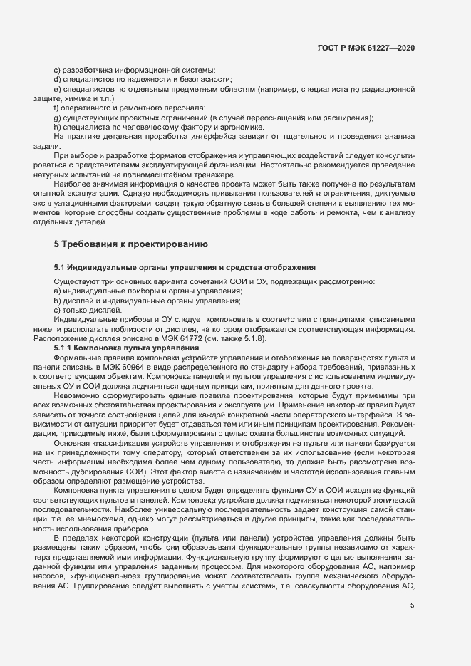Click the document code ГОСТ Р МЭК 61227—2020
[x=366, y=48]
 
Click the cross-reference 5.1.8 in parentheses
[x=254, y=339]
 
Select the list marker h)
[x=57, y=127]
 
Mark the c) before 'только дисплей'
[x=57, y=310]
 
